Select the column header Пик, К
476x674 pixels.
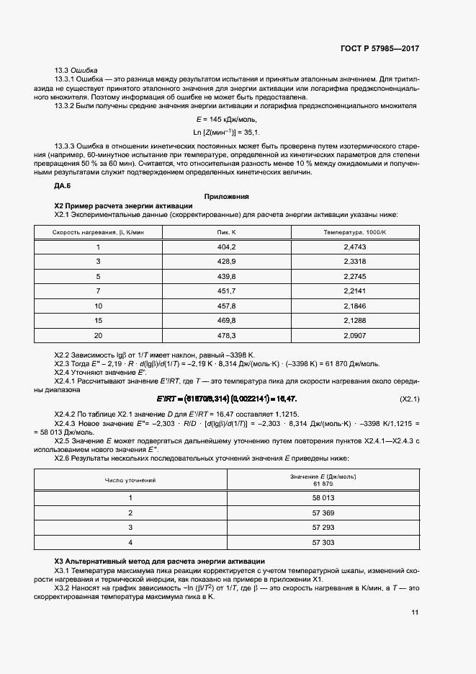pyautogui.click(x=227, y=232)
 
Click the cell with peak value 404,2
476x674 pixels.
pyautogui.click(x=227, y=247)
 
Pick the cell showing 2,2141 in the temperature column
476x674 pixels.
pyautogui.click(x=356, y=291)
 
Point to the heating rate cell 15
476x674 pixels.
pyautogui.click(x=99, y=320)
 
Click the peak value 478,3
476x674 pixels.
pyautogui.click(x=227, y=335)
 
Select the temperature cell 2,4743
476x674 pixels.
pyautogui.click(x=356, y=247)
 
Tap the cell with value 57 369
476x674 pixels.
pyautogui.click(x=323, y=513)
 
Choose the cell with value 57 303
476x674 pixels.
pyautogui.click(x=323, y=542)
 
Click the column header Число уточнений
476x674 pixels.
pyautogui.click(x=130, y=479)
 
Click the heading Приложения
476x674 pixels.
pyautogui.click(x=226, y=196)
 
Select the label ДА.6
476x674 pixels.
pyautogui.click(x=63, y=185)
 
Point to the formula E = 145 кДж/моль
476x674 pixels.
pyautogui.click(x=226, y=119)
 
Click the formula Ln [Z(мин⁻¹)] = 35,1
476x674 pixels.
pyautogui.click(x=226, y=133)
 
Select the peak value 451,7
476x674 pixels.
pyautogui.click(x=227, y=291)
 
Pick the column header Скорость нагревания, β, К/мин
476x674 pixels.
pyautogui.click(x=99, y=232)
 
